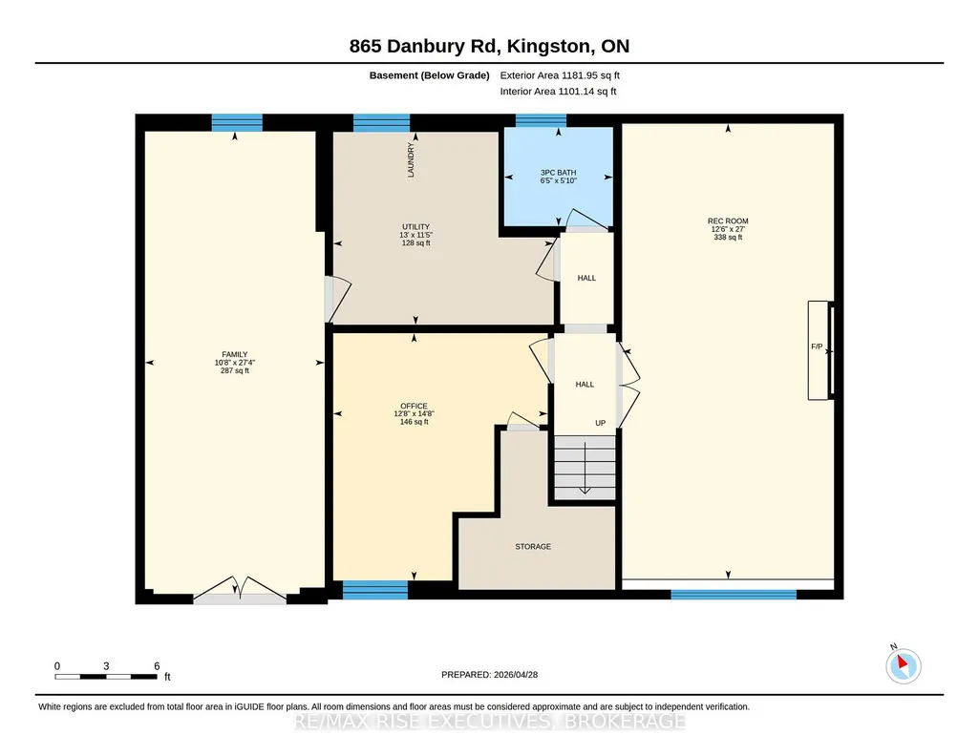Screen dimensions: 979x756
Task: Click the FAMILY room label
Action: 235,354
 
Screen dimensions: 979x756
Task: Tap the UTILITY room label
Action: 415,227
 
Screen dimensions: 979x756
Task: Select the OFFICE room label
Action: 414,406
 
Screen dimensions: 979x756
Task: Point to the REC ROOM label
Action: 728,220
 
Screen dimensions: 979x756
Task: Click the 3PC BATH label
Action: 558,173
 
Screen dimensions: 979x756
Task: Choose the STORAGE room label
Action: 533,546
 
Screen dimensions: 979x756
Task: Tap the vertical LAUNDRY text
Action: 411,159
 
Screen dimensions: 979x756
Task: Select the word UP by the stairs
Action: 601,423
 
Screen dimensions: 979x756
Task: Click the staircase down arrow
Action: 585,468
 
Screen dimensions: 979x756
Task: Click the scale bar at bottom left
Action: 106,676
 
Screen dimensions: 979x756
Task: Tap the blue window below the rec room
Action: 734,595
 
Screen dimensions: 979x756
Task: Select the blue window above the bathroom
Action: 541,120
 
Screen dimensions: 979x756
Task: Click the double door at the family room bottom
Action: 240,591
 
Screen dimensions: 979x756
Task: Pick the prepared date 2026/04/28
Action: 516,674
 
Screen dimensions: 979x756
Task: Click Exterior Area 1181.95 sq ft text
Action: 560,75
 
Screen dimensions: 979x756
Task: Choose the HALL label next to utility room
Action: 586,278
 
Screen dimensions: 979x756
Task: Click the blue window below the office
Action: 375,590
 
